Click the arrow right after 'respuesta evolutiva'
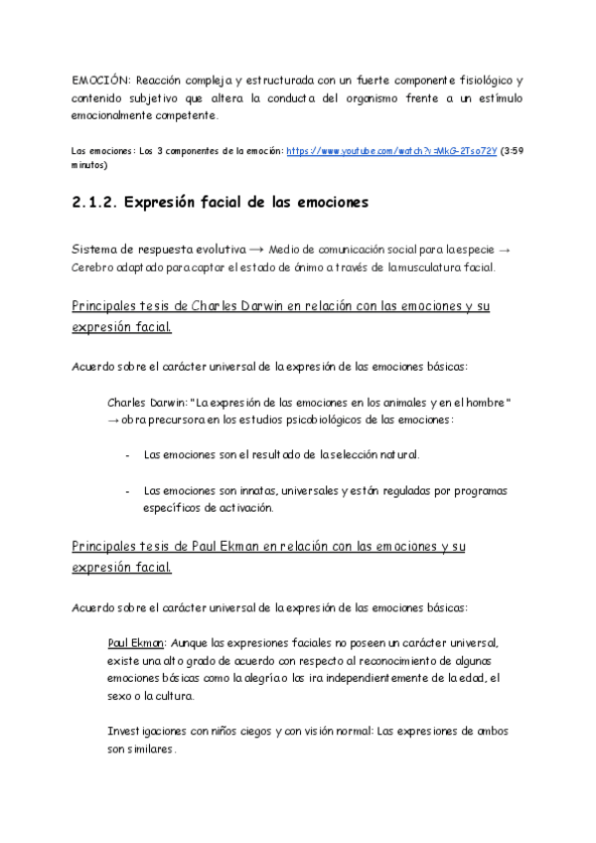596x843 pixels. point(226,250)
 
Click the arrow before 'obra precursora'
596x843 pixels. point(112,420)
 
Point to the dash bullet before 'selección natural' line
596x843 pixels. point(128,455)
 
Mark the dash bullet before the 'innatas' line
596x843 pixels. point(128,491)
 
